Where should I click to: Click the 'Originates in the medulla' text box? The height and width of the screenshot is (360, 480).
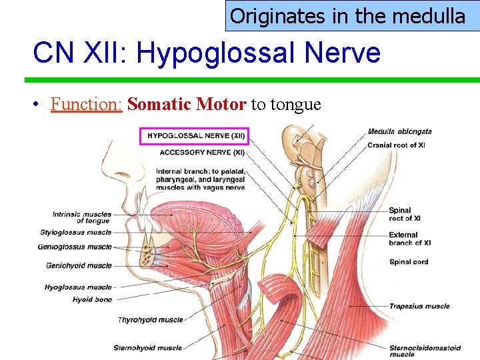coord(347,16)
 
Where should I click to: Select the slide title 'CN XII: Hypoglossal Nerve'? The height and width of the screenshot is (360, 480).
coord(206,53)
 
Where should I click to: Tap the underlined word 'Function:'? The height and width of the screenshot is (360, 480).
coord(86,105)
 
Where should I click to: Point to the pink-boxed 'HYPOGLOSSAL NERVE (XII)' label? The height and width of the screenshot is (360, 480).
coord(195,136)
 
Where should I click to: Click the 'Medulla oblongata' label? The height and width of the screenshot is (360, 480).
coord(399,131)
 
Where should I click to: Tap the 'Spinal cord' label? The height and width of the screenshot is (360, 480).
coord(409,262)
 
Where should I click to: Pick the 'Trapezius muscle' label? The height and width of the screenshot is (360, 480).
coord(419,307)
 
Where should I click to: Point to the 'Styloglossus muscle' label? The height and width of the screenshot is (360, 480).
coord(75,233)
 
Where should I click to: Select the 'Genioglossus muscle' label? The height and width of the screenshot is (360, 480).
coord(75,247)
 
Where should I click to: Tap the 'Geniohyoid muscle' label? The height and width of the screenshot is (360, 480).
coord(79,265)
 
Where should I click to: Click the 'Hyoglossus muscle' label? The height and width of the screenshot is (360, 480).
coord(78,287)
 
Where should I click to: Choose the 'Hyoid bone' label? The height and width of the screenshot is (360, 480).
coord(92,300)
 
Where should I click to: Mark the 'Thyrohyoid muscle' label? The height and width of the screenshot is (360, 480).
coord(150,320)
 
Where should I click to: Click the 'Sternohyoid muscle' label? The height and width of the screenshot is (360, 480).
coord(147,347)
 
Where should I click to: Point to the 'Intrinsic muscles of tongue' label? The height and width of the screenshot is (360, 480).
coord(82,217)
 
